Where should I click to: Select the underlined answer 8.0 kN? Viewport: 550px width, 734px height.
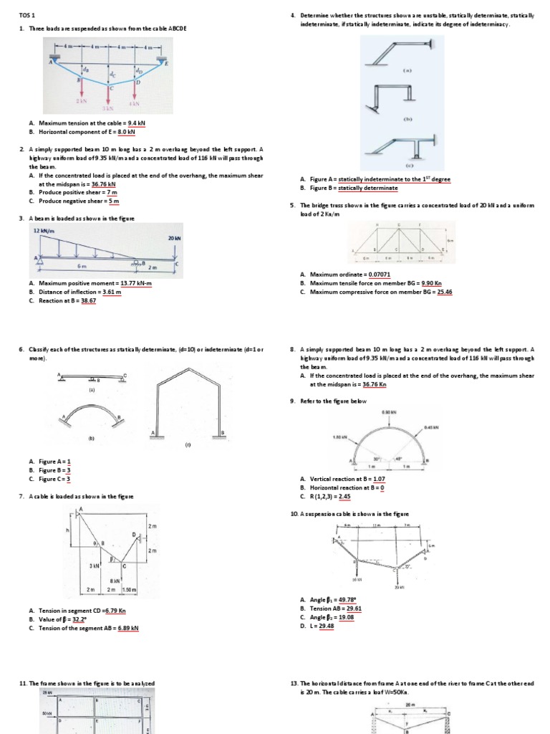(126, 132)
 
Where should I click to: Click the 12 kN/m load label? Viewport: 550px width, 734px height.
(45, 231)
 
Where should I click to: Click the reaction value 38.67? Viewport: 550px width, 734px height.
(90, 301)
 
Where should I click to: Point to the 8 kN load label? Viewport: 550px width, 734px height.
(115, 581)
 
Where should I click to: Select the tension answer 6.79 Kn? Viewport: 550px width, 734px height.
(115, 611)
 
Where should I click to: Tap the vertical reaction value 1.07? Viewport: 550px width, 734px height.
(379, 479)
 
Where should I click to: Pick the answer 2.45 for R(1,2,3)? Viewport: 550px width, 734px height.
(344, 496)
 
